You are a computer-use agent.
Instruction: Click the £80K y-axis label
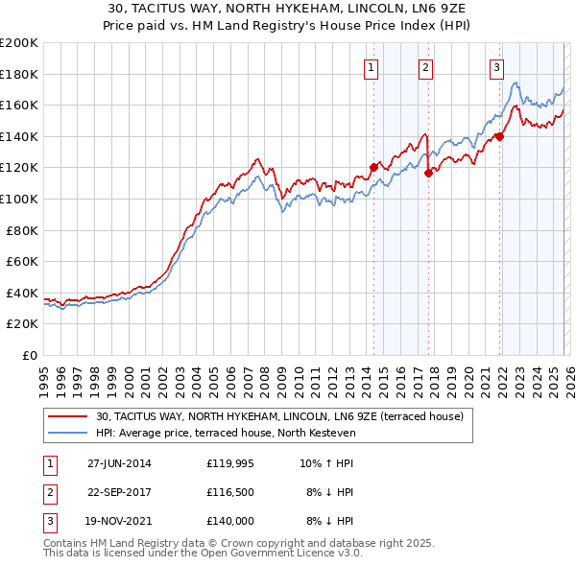click(22, 230)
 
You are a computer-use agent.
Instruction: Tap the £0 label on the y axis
click(29, 355)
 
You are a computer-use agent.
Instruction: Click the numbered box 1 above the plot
click(372, 67)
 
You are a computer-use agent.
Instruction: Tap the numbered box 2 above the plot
click(425, 67)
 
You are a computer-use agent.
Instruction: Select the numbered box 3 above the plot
click(496, 67)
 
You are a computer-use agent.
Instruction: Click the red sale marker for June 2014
click(373, 168)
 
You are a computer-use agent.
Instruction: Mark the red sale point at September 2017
click(428, 173)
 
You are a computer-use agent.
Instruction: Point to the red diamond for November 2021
click(500, 136)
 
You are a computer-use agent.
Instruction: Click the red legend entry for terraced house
click(279, 416)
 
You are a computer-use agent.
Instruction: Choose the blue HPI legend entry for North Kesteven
click(226, 433)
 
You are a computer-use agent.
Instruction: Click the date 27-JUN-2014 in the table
click(119, 463)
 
